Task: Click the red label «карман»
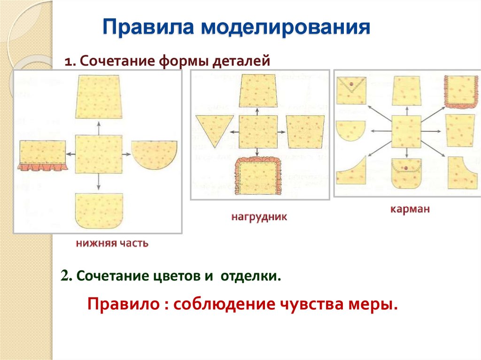tap(410, 209)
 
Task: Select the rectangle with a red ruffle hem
tap(42, 154)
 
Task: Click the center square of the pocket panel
tap(406, 131)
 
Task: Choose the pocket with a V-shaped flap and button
tap(351, 90)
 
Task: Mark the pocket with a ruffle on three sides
tap(459, 92)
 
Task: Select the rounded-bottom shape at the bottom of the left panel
tap(99, 211)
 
